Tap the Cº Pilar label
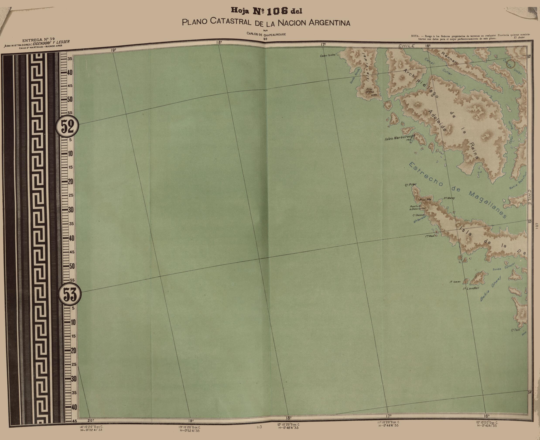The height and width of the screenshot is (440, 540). point(410,185)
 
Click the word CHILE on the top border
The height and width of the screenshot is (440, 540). point(406,46)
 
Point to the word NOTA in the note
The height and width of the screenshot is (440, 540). point(415,36)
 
